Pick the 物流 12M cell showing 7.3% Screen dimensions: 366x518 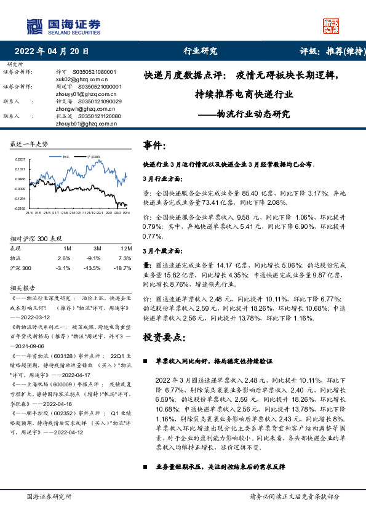click(124, 258)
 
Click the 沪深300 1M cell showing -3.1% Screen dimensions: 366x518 click(63, 268)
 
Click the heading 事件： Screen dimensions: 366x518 click(154, 146)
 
